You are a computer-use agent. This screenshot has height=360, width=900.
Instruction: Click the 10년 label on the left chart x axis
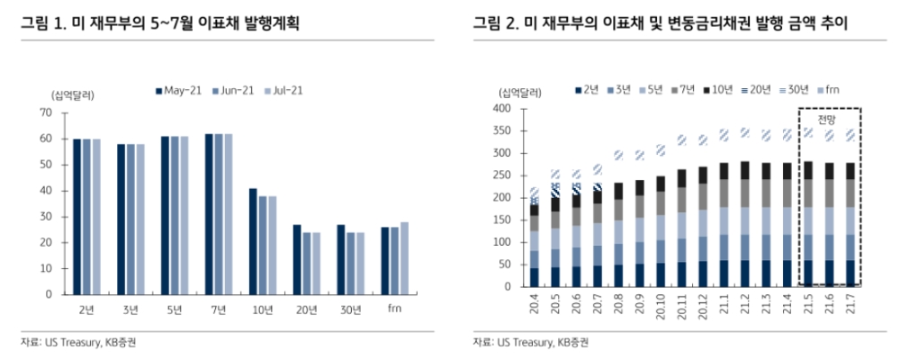click(263, 310)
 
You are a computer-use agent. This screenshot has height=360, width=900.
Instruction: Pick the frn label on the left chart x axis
click(395, 310)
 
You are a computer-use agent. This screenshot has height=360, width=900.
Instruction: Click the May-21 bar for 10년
click(254, 241)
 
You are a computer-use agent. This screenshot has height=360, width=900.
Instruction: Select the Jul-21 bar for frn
click(404, 257)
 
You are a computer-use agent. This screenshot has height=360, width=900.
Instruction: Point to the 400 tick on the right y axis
click(500, 109)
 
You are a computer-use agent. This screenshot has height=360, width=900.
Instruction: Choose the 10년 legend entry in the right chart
click(719, 89)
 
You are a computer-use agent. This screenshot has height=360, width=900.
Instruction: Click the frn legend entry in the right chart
click(830, 89)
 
